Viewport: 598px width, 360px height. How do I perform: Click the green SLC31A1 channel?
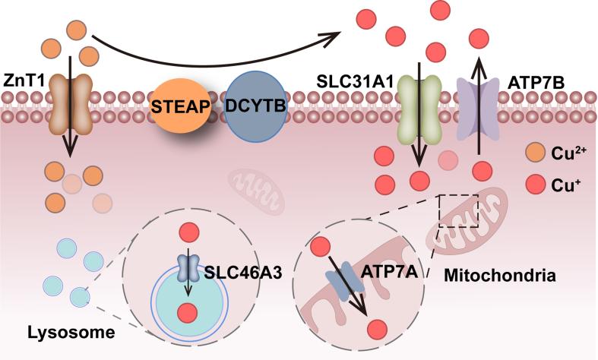point(416,106)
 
